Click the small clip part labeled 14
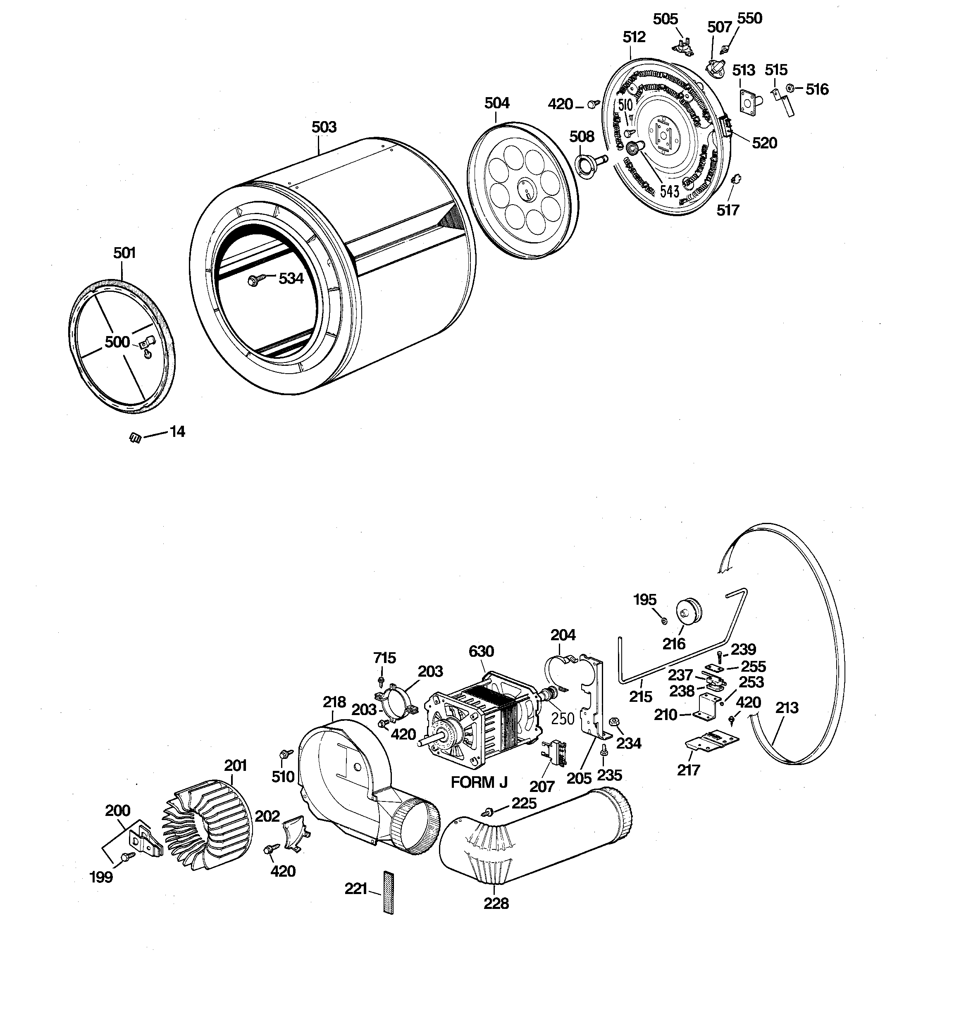(135, 438)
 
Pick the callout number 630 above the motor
(481, 651)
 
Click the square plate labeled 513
(748, 101)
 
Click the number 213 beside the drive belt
(787, 708)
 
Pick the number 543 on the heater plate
(669, 191)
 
